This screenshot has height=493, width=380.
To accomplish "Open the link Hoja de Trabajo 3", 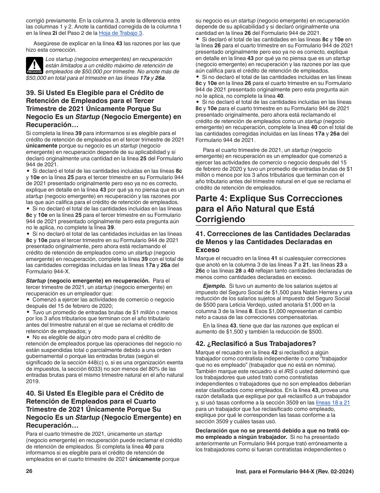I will pyautogui.click(x=124, y=33).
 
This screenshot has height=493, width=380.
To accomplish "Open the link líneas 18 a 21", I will pyautogui.click(x=333, y=402).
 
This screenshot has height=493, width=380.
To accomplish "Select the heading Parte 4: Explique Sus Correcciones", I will pyautogui.click(x=269, y=198).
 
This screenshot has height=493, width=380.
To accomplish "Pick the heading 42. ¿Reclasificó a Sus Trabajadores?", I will pyautogui.click(x=256, y=343).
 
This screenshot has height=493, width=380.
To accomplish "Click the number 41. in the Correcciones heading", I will pyautogui.click(x=200, y=234).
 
